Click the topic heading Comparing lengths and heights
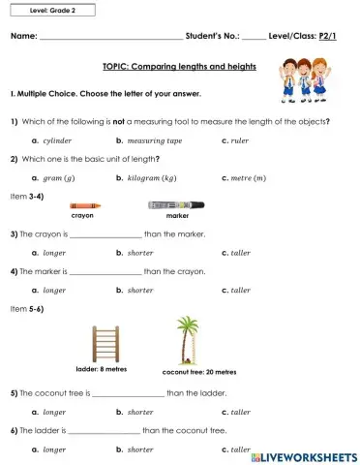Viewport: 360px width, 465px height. (x=179, y=67)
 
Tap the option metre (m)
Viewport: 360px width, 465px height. (x=251, y=178)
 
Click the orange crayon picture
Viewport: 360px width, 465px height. (x=85, y=205)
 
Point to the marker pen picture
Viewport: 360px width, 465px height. (x=176, y=204)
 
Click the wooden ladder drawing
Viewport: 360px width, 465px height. (x=102, y=344)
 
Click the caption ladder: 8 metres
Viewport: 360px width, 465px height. (x=101, y=370)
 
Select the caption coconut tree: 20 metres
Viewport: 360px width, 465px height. (x=198, y=372)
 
